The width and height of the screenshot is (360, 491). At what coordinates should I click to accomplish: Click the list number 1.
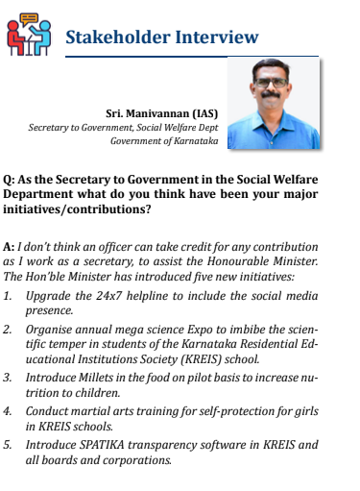(8, 297)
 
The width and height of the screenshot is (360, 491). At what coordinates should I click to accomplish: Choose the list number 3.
(8, 379)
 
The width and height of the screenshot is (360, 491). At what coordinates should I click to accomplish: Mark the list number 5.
(8, 446)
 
